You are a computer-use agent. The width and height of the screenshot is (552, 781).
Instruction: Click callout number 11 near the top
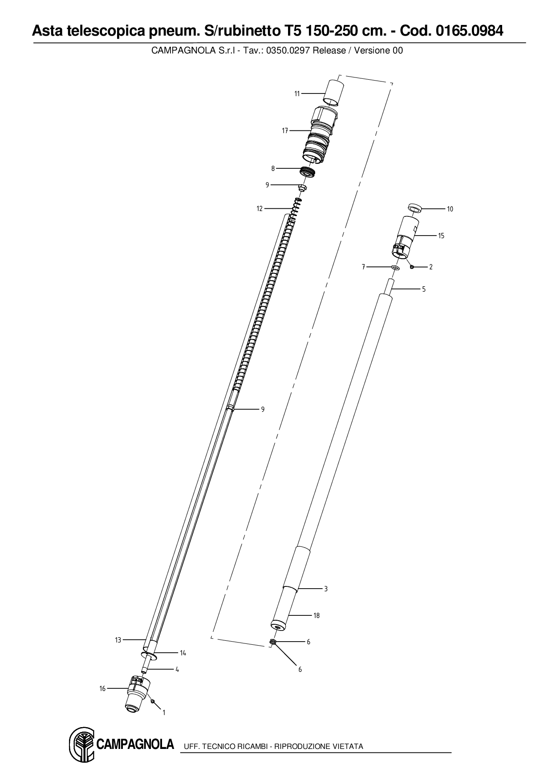pos(297,94)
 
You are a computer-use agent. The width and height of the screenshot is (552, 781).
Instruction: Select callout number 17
pos(285,130)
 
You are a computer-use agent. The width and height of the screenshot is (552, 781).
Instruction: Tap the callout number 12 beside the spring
pos(260,208)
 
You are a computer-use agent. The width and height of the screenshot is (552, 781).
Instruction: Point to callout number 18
pos(317,615)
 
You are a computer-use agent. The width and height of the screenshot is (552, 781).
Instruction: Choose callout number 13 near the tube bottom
pos(118,640)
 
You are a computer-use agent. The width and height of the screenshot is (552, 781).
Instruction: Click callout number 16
pos(102,688)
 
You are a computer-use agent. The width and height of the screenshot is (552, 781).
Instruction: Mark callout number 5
pos(424,289)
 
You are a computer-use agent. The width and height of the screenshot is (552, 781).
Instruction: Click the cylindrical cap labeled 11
pos(334,93)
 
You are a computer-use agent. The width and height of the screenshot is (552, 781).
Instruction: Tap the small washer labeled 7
pos(394,267)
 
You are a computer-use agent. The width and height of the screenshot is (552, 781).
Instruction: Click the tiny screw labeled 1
pos(153,701)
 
